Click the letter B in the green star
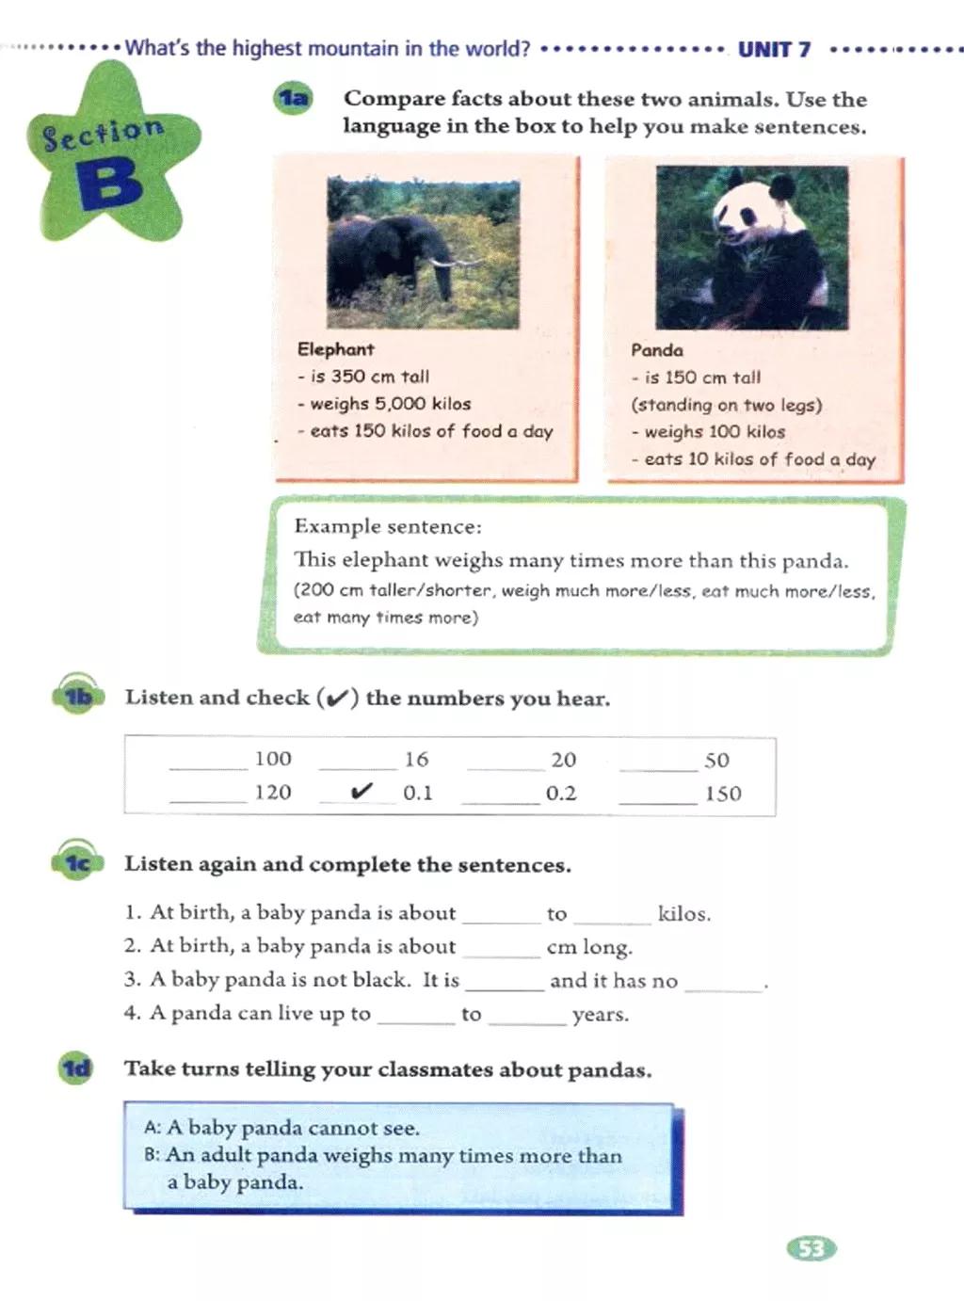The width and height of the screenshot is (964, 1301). pyautogui.click(x=110, y=184)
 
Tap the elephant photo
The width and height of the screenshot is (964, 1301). pyautogui.click(x=423, y=252)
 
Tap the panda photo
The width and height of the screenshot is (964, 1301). pyautogui.click(x=751, y=247)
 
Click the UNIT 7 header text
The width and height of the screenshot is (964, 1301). pyautogui.click(x=774, y=50)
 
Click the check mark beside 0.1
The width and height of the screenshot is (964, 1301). pyautogui.click(x=361, y=792)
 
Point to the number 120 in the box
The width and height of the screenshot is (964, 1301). pyautogui.click(x=273, y=793)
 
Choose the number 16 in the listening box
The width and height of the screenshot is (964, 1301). pyautogui.click(x=416, y=760)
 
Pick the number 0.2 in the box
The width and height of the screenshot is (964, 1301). pyautogui.click(x=561, y=794)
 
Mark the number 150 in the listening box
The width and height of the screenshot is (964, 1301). pyautogui.click(x=723, y=794)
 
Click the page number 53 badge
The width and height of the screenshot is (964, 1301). pyautogui.click(x=811, y=1249)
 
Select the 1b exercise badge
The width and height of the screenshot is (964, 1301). pyautogui.click(x=78, y=698)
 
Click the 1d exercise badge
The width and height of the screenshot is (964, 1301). pyautogui.click(x=76, y=1069)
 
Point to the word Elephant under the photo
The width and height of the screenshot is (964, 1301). pyautogui.click(x=336, y=349)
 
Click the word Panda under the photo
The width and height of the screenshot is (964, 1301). pyautogui.click(x=657, y=350)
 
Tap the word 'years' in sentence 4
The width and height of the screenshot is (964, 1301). pyautogui.click(x=600, y=1015)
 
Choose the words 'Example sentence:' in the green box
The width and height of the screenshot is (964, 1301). pyautogui.click(x=388, y=526)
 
